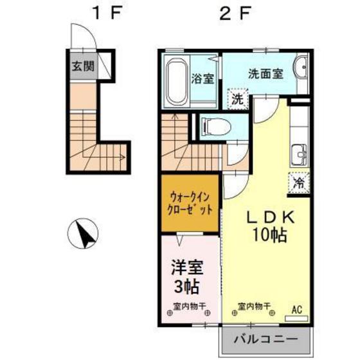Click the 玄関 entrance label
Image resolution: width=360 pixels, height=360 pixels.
[x=83, y=66]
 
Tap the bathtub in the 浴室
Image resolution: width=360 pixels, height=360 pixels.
[x=177, y=82]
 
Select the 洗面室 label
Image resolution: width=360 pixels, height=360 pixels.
[x=266, y=74]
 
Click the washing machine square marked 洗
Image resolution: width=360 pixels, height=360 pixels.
[x=238, y=99]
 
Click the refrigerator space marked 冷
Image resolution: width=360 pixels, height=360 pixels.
[x=299, y=183]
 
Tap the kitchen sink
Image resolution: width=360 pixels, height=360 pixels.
[x=299, y=155]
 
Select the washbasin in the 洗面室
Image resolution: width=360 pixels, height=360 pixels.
[x=301, y=67]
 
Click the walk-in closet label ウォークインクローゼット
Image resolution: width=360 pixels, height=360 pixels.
[x=190, y=204]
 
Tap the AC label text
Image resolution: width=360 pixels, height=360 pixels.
[x=297, y=310]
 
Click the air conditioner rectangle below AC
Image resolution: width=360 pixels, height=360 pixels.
[x=296, y=318]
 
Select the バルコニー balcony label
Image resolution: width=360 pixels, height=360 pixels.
[x=266, y=339]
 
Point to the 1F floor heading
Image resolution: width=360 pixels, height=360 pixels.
[x=106, y=13]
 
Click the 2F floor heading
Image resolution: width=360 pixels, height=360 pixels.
[x=235, y=13]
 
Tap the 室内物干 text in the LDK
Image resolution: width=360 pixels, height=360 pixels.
[x=254, y=306]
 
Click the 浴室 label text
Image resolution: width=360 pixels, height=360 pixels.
[x=203, y=78]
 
